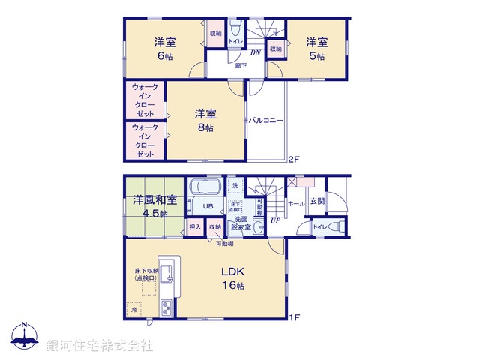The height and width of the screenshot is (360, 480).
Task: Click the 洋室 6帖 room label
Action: pos(165,48)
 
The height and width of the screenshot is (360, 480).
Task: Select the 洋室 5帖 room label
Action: pos(316,48)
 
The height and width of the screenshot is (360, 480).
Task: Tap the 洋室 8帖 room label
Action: pos(205,121)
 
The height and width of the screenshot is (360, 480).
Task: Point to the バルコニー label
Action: pos(267,120)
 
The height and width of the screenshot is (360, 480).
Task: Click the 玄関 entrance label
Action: pos(317,202)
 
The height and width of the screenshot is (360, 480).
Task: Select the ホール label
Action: pos(296,202)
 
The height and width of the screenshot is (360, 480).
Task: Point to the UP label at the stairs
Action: pos(277,221)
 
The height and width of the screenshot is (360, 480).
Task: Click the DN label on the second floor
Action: pos(255,53)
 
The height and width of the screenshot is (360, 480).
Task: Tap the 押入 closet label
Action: pos(194,226)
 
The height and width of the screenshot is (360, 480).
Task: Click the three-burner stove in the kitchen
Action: pos(165,307)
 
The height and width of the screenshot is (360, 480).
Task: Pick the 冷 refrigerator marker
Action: pos(134,309)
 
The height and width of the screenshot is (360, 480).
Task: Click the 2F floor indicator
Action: pos(294,159)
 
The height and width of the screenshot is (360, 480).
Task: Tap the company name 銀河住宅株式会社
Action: pos(100,345)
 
